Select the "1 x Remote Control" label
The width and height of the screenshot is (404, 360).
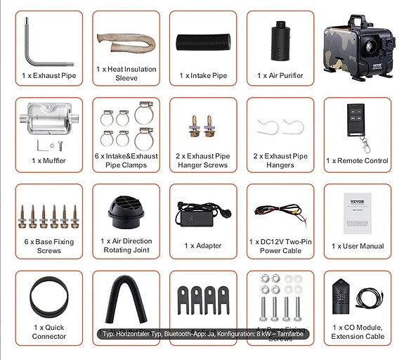(x=357, y=161)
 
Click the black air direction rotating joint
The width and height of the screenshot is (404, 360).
(x=124, y=210)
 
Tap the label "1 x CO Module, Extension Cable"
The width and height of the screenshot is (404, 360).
(x=357, y=332)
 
